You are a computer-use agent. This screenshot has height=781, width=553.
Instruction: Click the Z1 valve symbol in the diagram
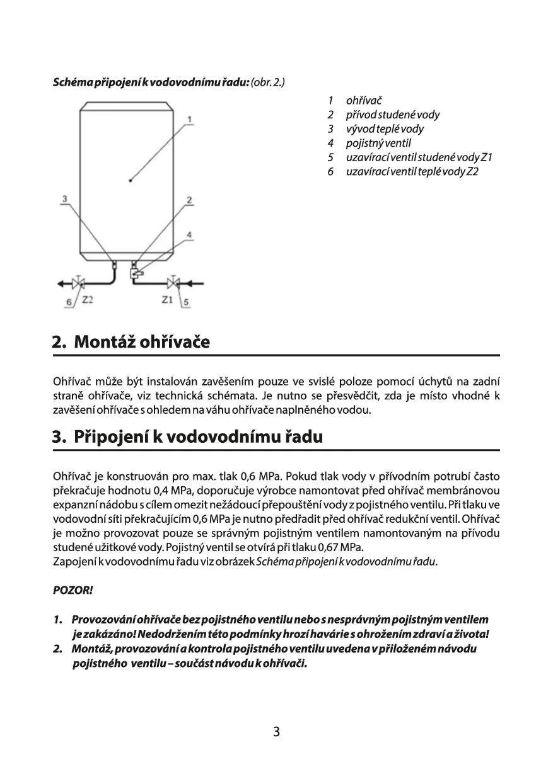(x=173, y=283)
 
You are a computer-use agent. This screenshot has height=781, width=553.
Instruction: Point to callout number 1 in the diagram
(x=190, y=119)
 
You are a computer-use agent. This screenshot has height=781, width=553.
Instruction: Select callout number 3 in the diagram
(x=64, y=200)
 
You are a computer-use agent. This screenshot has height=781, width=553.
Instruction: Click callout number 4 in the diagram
(x=189, y=234)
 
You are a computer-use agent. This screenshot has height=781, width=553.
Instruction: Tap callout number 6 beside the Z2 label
(x=69, y=303)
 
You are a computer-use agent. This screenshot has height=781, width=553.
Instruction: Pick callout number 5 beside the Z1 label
(x=187, y=303)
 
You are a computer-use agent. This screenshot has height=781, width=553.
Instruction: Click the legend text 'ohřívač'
(x=364, y=101)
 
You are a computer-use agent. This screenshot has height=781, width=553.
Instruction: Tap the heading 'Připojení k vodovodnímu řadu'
(x=198, y=436)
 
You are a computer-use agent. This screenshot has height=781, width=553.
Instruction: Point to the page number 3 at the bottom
(x=276, y=732)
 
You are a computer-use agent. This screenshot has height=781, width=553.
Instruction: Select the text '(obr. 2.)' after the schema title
(x=268, y=83)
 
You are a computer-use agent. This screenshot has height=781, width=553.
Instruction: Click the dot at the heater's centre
(x=131, y=181)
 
